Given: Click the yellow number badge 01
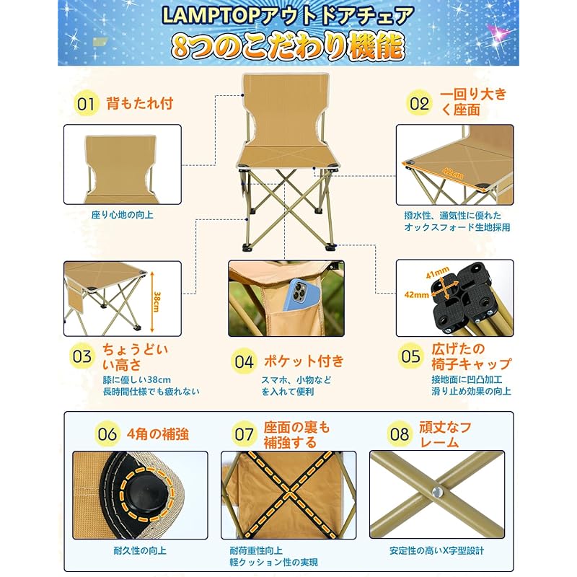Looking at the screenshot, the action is pyautogui.click(x=86, y=104).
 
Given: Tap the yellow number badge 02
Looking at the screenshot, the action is pyautogui.click(x=419, y=103).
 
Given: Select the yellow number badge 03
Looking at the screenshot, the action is pyautogui.click(x=82, y=356).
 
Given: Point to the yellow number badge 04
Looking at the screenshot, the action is pyautogui.click(x=244, y=361).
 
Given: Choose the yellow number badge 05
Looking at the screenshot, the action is pyautogui.click(x=410, y=356).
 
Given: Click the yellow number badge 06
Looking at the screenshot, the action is pyautogui.click(x=107, y=434).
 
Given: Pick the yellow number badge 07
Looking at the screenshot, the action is pyautogui.click(x=245, y=434).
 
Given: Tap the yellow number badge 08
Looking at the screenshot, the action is pyautogui.click(x=400, y=434).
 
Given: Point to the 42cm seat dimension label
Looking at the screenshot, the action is pyautogui.click(x=454, y=173).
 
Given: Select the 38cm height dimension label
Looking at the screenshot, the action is pyautogui.click(x=157, y=301).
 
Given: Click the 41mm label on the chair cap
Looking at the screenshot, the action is pyautogui.click(x=437, y=273).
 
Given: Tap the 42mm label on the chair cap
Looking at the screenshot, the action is pyautogui.click(x=417, y=295).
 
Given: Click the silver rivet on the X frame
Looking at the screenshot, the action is pyautogui.click(x=437, y=491).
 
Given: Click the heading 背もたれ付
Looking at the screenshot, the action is pyautogui.click(x=140, y=103).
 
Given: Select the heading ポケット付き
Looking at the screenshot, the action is pyautogui.click(x=304, y=361).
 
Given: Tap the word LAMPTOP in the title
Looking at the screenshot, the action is pyautogui.click(x=211, y=16).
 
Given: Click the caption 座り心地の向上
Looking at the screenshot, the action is pyautogui.click(x=123, y=215).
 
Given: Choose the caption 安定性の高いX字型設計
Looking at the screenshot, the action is pyautogui.click(x=437, y=550).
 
